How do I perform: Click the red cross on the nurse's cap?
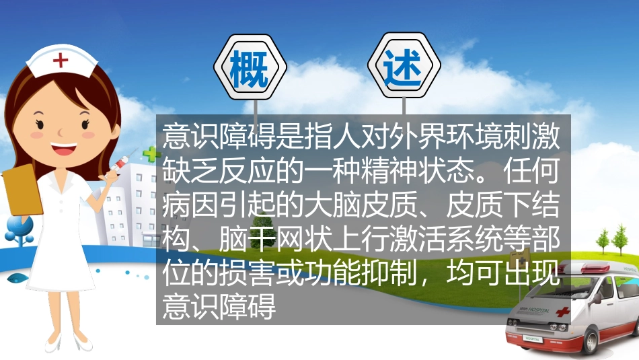pos(61,61)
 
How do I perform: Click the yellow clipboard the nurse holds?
pos(22,188)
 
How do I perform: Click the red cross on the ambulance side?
pos(562,312)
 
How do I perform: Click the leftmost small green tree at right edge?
pos(603,238)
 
